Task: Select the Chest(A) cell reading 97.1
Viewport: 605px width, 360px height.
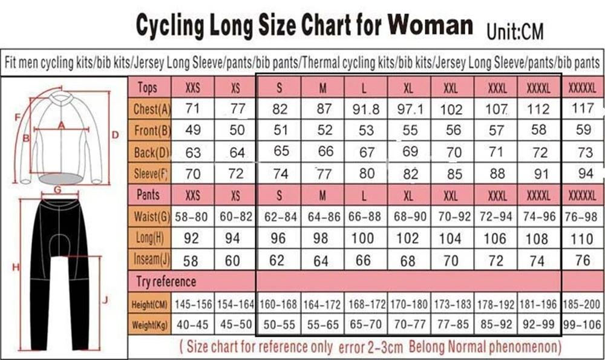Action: point(409,110)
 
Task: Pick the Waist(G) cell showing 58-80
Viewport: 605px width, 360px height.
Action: point(192,217)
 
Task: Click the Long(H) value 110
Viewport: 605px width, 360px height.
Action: point(581,238)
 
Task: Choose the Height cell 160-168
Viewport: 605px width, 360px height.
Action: point(278,304)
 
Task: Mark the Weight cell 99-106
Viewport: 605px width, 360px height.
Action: point(582,325)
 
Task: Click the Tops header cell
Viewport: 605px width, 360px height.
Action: point(148,88)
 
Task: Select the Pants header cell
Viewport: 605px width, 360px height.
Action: point(148,195)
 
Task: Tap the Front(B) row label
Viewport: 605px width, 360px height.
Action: point(151,131)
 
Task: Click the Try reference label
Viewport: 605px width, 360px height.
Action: point(166,281)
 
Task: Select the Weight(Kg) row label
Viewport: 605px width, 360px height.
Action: point(149,325)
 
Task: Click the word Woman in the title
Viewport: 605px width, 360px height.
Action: point(430,25)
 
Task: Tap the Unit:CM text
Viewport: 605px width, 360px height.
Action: point(515,30)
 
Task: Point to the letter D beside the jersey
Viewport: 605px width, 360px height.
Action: point(115,134)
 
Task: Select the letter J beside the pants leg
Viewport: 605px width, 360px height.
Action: point(105,299)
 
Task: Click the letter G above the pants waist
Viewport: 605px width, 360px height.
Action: point(57,189)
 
